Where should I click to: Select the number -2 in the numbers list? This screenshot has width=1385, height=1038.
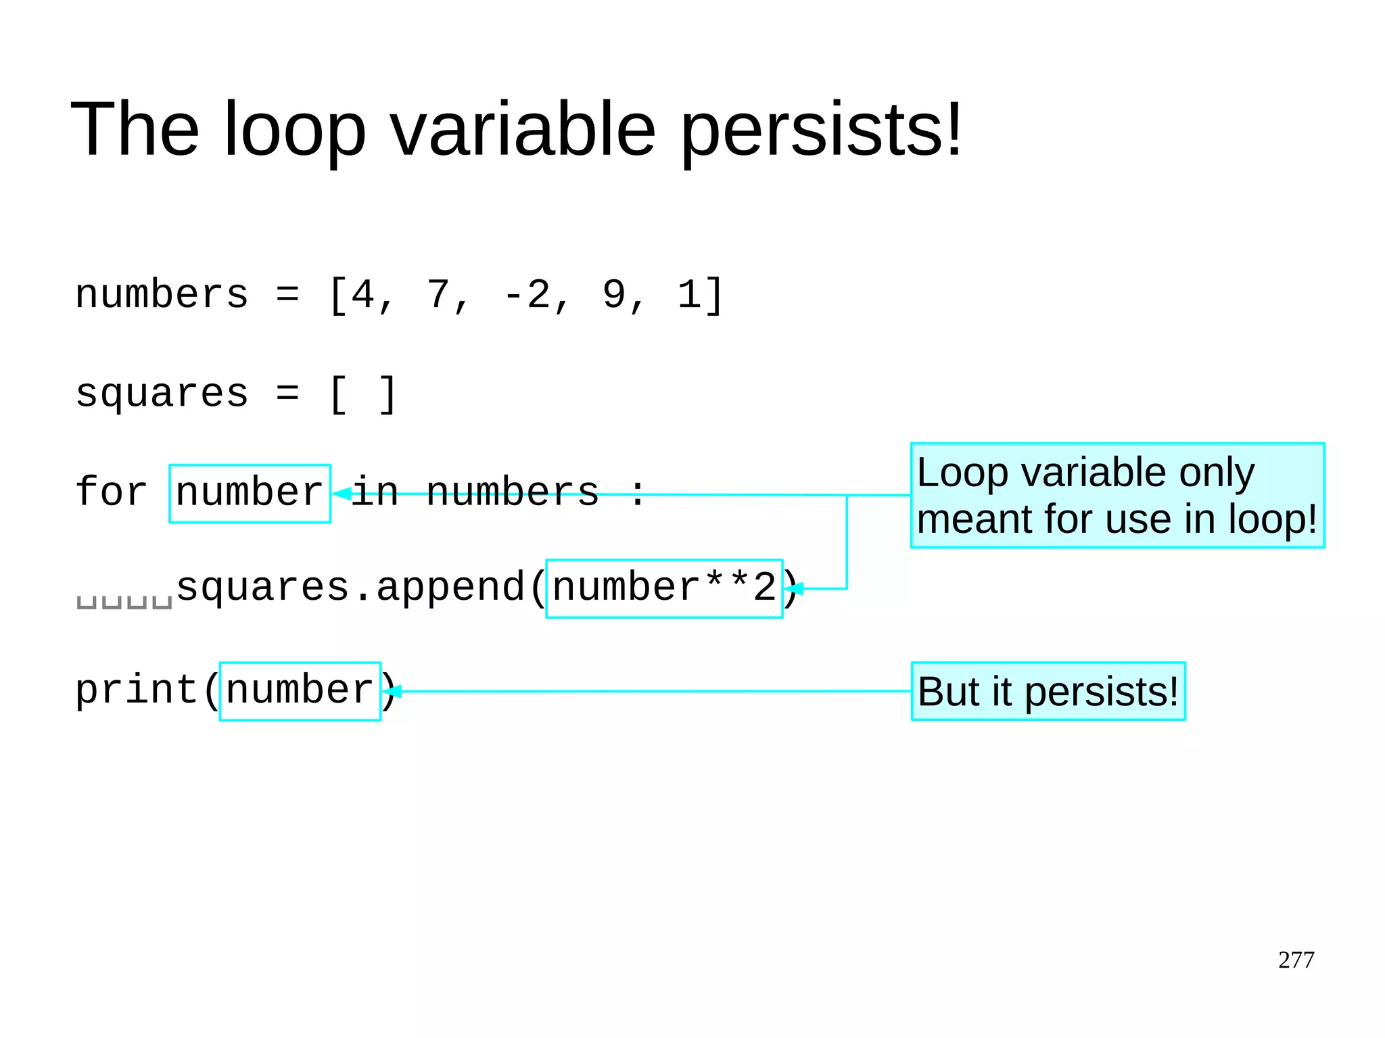click(x=527, y=296)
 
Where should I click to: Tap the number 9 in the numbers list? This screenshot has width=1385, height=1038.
click(x=614, y=296)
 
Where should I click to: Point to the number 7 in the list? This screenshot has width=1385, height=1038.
click(x=438, y=296)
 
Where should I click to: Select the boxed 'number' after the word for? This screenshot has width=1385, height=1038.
click(x=250, y=493)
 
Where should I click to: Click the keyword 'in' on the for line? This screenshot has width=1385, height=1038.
click(x=375, y=492)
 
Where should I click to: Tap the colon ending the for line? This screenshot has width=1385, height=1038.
click(x=637, y=492)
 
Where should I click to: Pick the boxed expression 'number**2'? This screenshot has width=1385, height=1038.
click(x=664, y=588)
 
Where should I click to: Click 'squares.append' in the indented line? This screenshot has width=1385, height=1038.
click(x=350, y=587)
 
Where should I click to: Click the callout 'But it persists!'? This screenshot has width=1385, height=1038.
click(x=1048, y=691)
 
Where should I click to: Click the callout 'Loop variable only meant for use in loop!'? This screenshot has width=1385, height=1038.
click(x=1117, y=495)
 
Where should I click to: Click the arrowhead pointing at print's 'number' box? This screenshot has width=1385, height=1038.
click(x=392, y=691)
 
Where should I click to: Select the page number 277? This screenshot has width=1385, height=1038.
click(x=1296, y=960)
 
